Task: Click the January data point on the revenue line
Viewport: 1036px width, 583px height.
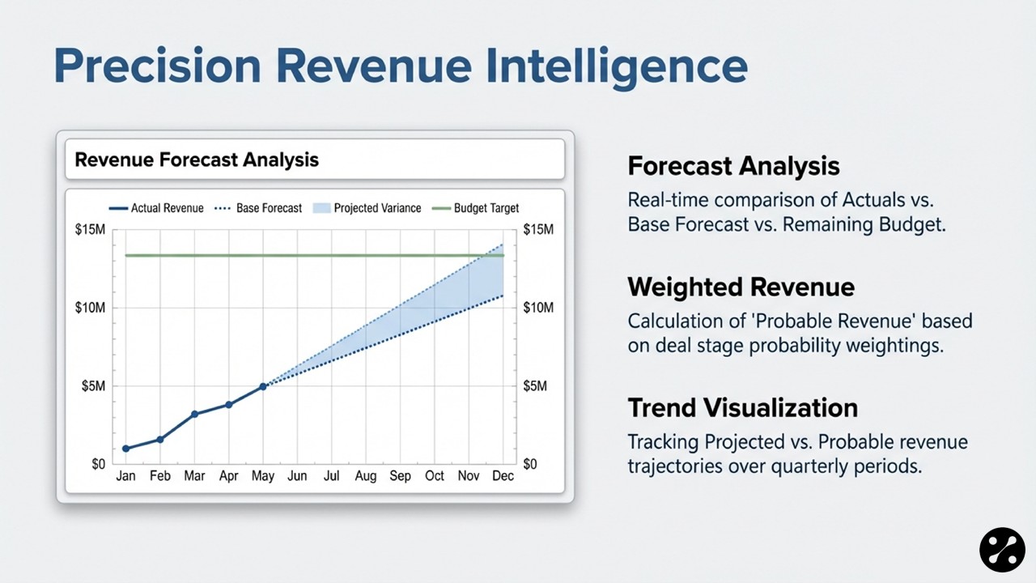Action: tap(125, 449)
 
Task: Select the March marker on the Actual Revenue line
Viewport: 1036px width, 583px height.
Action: tap(195, 414)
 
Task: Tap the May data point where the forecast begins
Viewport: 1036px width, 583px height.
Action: tap(263, 386)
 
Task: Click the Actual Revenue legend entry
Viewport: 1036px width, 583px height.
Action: tap(156, 208)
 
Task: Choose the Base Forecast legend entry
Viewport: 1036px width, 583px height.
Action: tap(258, 208)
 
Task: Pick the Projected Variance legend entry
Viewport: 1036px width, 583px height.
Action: tap(367, 208)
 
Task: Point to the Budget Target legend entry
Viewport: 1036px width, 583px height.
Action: tap(475, 208)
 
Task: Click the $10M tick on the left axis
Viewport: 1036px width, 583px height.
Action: tap(90, 308)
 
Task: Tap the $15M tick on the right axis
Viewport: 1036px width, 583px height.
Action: tap(538, 229)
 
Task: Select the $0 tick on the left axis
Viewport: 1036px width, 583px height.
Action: tap(99, 464)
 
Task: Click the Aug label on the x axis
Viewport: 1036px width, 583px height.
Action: tap(366, 475)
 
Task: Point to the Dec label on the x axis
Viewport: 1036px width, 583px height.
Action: tap(503, 475)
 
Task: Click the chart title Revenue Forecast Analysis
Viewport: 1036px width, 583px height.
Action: tap(197, 160)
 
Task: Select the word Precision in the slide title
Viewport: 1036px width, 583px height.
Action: tap(158, 66)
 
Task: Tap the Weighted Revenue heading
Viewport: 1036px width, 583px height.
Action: tap(741, 287)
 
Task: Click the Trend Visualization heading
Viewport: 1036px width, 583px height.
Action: tap(743, 408)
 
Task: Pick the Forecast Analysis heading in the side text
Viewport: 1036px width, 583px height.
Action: tap(733, 166)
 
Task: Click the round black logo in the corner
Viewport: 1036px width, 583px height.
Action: tap(1002, 550)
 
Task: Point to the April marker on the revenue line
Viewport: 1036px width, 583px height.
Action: tap(228, 405)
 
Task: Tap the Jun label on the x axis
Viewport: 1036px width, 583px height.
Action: tap(297, 475)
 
